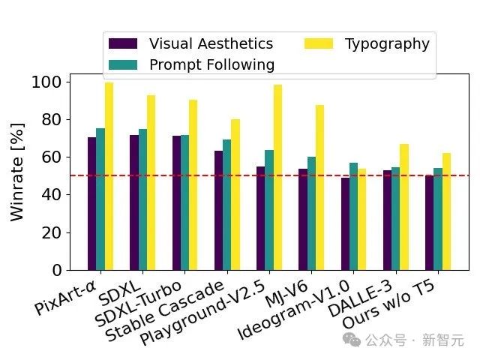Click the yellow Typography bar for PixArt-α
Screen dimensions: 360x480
click(109, 176)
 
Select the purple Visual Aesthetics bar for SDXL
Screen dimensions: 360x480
click(133, 202)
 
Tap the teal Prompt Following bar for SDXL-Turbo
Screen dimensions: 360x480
click(184, 202)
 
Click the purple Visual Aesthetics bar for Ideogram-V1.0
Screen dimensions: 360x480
click(345, 224)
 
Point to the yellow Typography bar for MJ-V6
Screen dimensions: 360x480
click(319, 187)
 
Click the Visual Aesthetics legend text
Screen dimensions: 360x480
click(211, 43)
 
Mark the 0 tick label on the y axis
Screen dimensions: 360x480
click(57, 270)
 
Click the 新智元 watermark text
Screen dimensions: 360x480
click(442, 340)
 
